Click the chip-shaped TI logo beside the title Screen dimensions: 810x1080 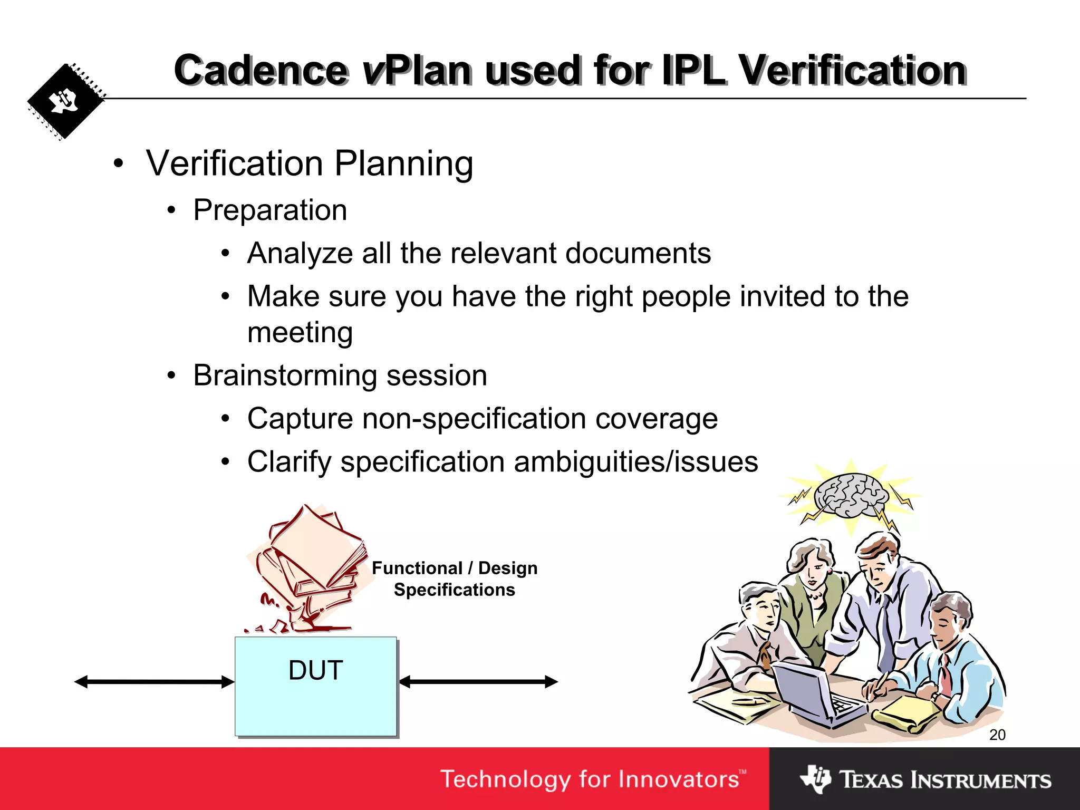click(65, 102)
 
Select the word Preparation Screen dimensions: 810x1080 click(270, 210)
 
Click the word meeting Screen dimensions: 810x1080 click(300, 333)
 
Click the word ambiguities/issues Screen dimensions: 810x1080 click(635, 462)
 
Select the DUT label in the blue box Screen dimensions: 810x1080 click(316, 670)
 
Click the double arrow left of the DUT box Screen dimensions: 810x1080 click(155, 682)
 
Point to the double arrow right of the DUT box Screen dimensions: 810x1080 click(478, 682)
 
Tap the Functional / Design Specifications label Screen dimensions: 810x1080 click(455, 579)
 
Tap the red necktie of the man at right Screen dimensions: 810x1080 click(946, 675)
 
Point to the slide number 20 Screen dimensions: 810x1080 click(997, 735)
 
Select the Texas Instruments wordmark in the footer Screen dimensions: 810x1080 click(944, 780)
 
